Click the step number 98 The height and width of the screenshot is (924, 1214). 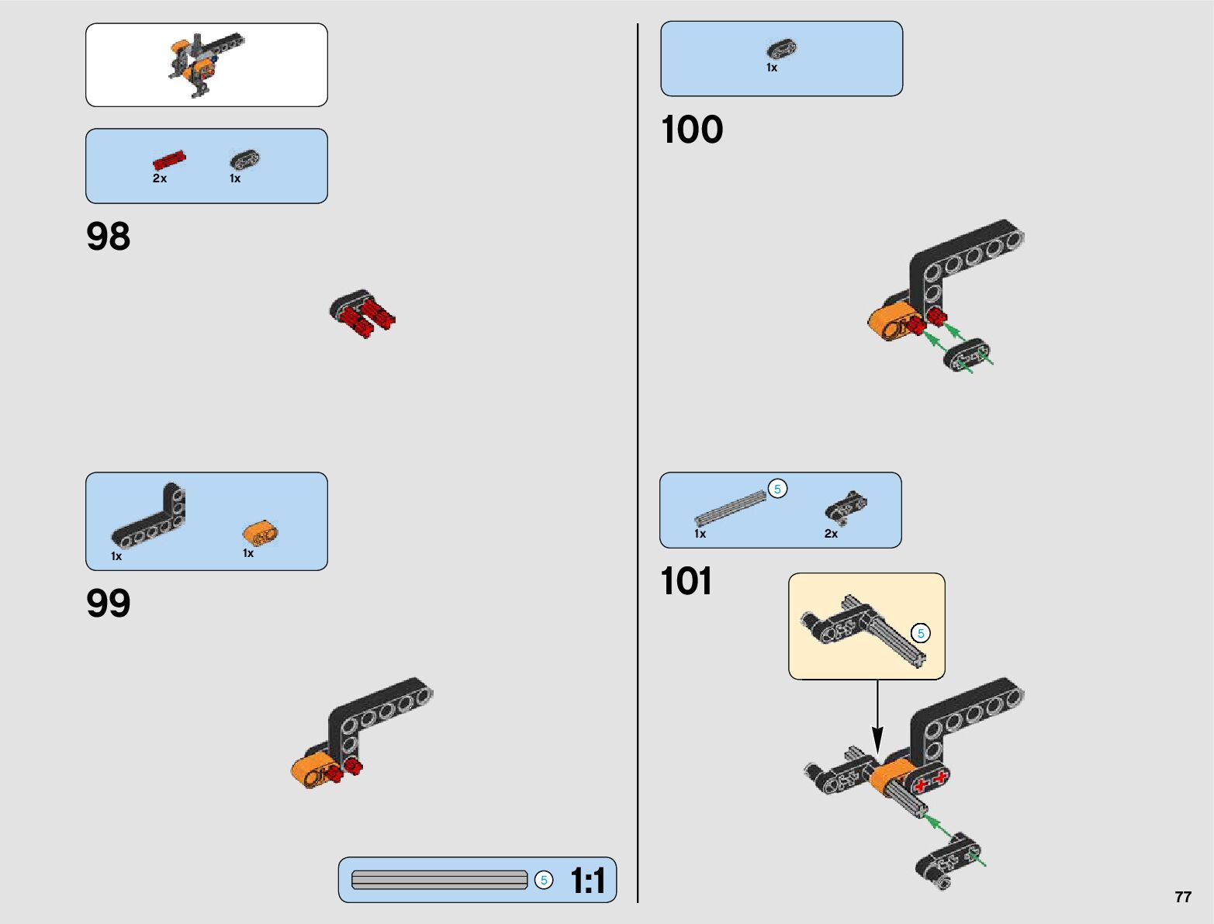[109, 237]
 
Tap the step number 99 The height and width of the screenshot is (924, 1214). [109, 604]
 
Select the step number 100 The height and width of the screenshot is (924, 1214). [692, 130]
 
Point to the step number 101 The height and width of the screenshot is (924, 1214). [687, 582]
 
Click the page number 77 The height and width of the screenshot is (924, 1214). [1182, 897]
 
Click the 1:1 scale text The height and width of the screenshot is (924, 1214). [587, 881]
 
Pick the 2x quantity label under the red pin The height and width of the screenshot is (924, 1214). [160, 178]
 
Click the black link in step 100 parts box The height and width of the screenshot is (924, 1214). [782, 49]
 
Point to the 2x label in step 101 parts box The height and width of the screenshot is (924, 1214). [831, 534]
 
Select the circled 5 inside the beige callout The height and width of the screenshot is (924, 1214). [921, 633]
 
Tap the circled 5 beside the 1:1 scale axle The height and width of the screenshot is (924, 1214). [545, 880]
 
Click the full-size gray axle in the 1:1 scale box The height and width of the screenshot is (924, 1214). [439, 880]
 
